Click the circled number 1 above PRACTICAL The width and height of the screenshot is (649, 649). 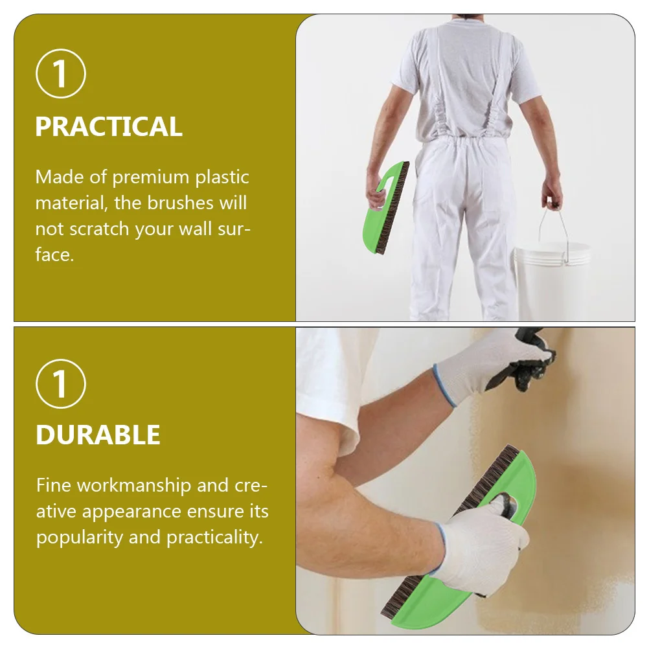click(x=60, y=74)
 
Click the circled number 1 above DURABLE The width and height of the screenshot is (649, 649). click(x=60, y=383)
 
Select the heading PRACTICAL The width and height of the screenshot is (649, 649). click(x=109, y=127)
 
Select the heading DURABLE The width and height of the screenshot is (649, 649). click(x=98, y=435)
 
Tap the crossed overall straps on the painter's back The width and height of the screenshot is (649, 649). click(x=462, y=71)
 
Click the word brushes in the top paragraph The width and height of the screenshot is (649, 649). click(x=178, y=203)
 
